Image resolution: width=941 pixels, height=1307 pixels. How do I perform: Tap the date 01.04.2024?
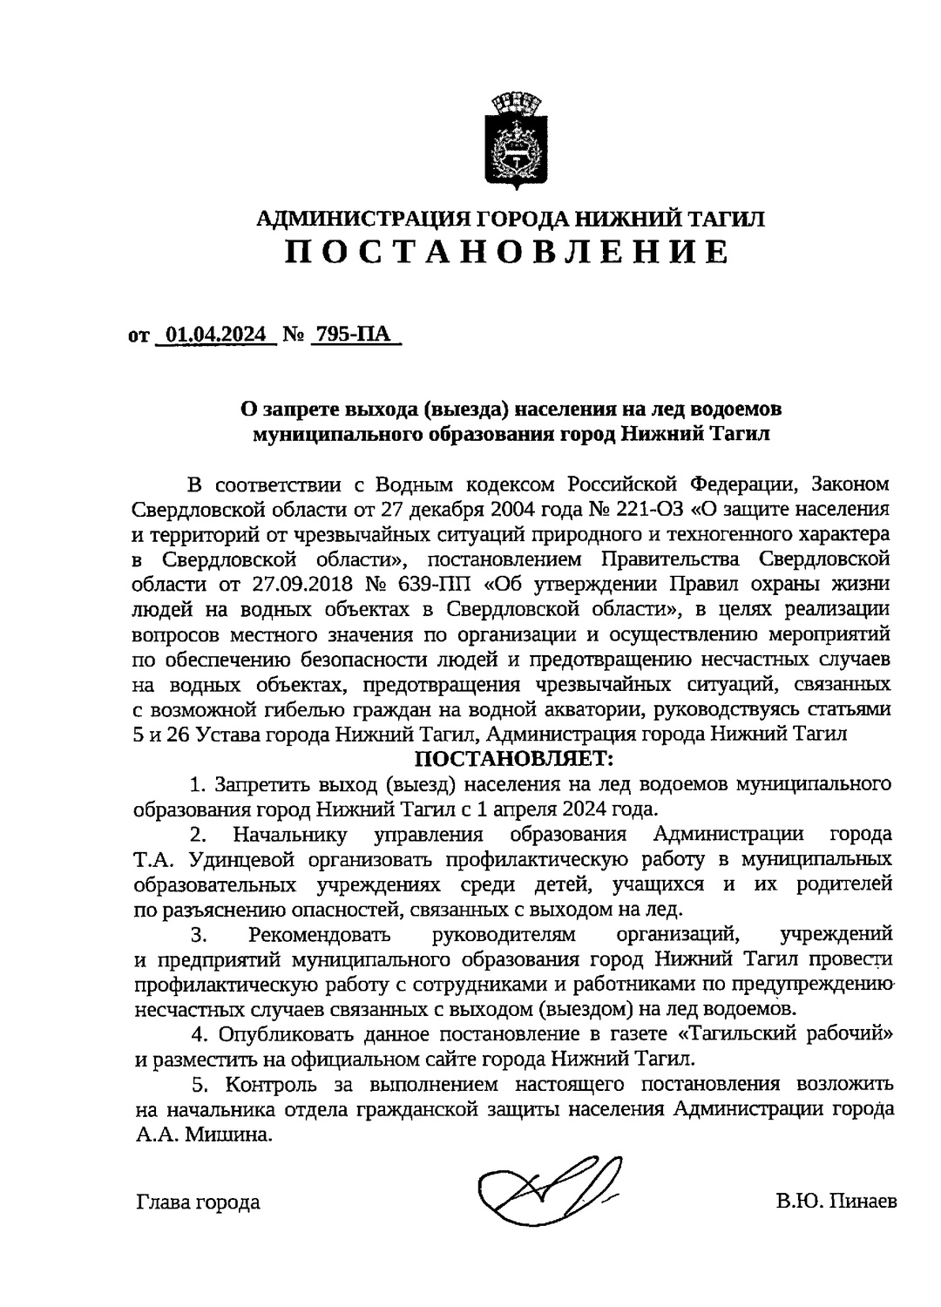[x=216, y=335]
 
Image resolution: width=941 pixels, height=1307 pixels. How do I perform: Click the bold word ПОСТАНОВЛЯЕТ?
[x=510, y=759]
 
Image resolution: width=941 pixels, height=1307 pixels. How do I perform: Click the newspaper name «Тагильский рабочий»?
[x=779, y=1034]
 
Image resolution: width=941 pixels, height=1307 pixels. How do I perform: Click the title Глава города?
[x=198, y=1202]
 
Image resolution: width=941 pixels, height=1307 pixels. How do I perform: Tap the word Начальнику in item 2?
[x=291, y=835]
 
